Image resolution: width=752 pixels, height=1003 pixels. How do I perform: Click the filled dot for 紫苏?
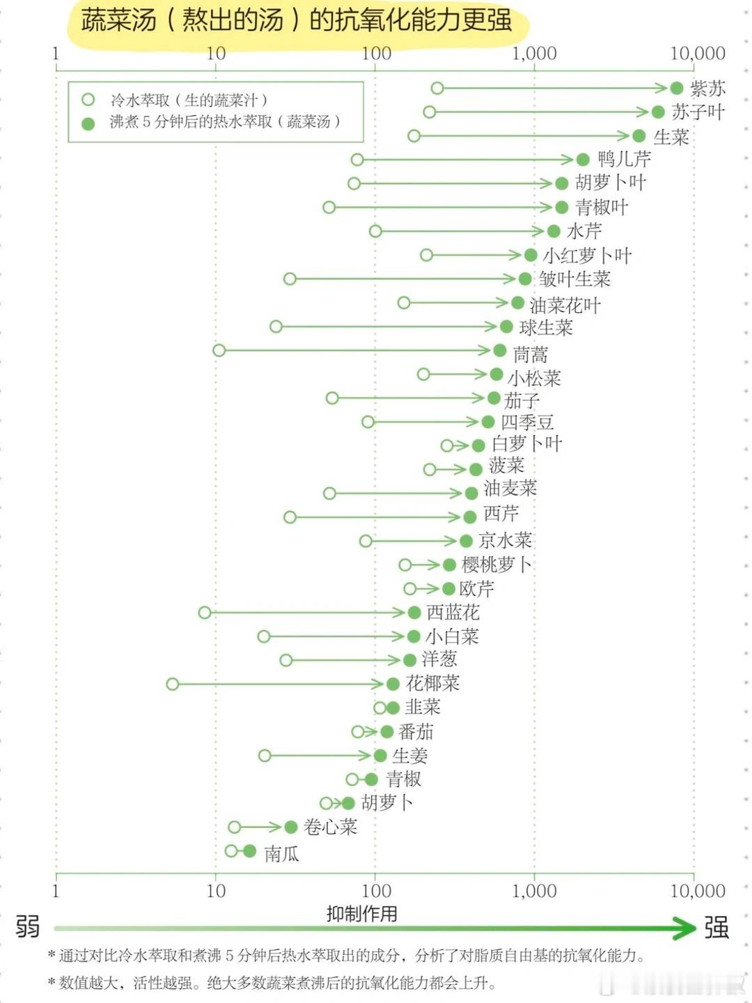[x=676, y=88]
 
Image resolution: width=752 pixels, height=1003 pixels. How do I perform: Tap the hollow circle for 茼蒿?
[x=219, y=350]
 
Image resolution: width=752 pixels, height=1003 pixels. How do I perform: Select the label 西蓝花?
[x=453, y=613]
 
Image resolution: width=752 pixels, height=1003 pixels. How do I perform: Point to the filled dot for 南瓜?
[x=249, y=851]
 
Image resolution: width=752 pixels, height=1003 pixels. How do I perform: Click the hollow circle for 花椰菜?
[x=173, y=684]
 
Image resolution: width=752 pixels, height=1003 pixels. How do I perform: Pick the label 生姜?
[x=409, y=756]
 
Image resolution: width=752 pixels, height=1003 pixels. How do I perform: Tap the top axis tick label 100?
[x=376, y=54]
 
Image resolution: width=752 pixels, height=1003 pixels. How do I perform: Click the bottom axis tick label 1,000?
[x=534, y=891]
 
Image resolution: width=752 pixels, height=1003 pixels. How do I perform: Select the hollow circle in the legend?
[x=88, y=100]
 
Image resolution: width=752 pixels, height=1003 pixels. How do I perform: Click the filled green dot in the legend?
[x=88, y=123]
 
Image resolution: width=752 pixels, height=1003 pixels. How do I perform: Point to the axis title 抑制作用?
[x=361, y=913]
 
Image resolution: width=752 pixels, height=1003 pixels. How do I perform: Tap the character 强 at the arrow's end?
[x=716, y=928]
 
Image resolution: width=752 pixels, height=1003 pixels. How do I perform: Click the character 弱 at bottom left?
[x=28, y=927]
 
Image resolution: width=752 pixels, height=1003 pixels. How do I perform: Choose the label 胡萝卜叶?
[x=611, y=183]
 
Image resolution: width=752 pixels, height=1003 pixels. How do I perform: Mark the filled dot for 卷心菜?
[x=291, y=827]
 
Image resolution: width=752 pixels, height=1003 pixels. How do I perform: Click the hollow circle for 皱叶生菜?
[x=290, y=279]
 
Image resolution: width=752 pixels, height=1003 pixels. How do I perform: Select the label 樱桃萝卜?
[x=496, y=565]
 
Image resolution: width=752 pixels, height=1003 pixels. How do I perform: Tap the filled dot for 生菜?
[x=639, y=136]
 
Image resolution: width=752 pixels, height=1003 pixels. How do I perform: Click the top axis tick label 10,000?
[x=697, y=54]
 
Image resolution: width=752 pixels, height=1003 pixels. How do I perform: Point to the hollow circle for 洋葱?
[x=286, y=660]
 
